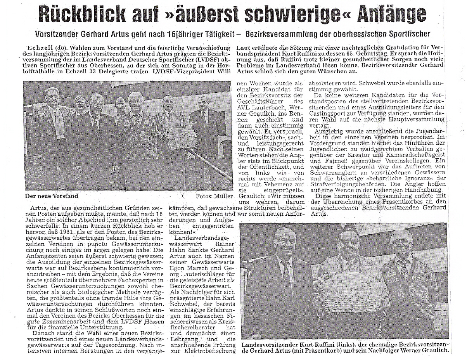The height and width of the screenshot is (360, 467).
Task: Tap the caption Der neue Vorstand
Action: pyautogui.click(x=51, y=196)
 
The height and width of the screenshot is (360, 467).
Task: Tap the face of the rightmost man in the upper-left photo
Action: pyautogui.click(x=203, y=104)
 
